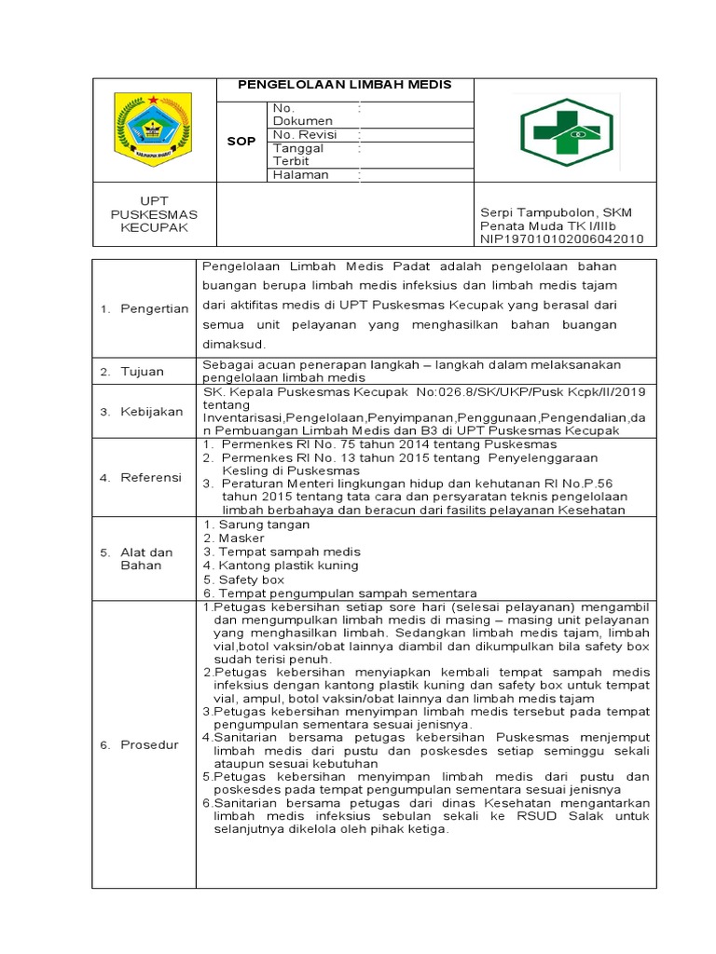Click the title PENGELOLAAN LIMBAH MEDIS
tap(345, 85)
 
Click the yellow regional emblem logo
tap(152, 129)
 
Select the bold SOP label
tap(241, 142)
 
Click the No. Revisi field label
tap(304, 134)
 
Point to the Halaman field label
tap(300, 174)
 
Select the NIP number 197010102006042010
tap(562, 238)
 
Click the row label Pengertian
tap(155, 308)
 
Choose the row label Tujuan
tap(142, 372)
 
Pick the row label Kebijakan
tap(151, 412)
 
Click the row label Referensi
tap(151, 478)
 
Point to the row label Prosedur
tap(149, 744)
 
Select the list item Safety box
tap(244, 579)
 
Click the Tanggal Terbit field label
tap(298, 154)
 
